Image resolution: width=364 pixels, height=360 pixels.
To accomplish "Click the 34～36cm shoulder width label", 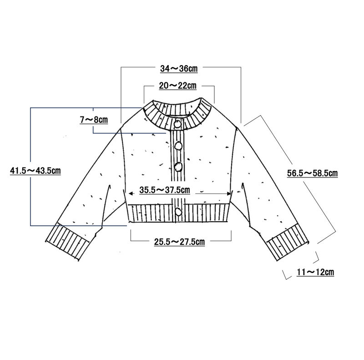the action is click(x=179, y=69).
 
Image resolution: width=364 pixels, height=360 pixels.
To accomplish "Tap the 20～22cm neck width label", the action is click(x=177, y=86).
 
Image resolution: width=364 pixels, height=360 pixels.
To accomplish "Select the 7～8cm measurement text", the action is click(x=94, y=120).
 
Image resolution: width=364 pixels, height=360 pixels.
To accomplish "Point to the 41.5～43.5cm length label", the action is click(x=35, y=171).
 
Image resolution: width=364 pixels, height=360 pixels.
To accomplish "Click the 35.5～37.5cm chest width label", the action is click(x=165, y=190).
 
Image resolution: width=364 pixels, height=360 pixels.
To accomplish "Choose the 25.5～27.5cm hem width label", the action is click(x=179, y=242).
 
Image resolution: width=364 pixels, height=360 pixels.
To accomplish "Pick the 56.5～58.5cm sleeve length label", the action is click(x=312, y=173).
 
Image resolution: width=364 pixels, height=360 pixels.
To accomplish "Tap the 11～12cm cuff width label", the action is click(x=315, y=272).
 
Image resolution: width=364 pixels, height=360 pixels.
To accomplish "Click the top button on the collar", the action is click(x=177, y=124).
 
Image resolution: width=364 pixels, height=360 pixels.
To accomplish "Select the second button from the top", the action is click(x=178, y=146).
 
